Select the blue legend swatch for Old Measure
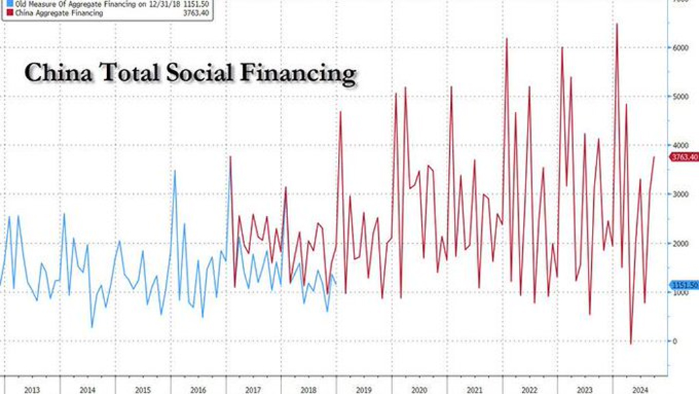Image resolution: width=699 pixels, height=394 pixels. pos(4,5)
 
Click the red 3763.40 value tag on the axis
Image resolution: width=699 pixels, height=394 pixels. pos(684,157)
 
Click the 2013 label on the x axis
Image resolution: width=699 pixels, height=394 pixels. pos(31,389)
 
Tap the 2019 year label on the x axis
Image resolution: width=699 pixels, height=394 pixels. pos(364,389)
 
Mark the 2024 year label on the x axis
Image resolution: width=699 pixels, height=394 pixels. pos(640,389)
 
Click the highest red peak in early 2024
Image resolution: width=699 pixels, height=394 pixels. pos(617,25)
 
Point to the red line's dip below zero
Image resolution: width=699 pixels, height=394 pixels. pos(631,343)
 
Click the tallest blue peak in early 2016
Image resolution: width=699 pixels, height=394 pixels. pos(175,171)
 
